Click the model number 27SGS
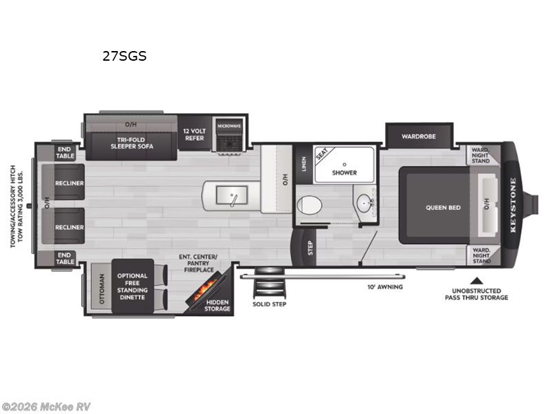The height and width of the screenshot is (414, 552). click(x=124, y=57)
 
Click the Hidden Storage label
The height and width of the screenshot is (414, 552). click(x=217, y=306)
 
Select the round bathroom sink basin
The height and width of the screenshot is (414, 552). click(x=364, y=204)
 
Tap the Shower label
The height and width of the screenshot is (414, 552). click(x=343, y=172)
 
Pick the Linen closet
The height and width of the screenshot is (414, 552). click(x=304, y=164)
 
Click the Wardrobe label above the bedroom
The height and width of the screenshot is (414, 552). click(x=419, y=136)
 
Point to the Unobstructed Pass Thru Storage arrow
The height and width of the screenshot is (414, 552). click(x=475, y=280)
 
